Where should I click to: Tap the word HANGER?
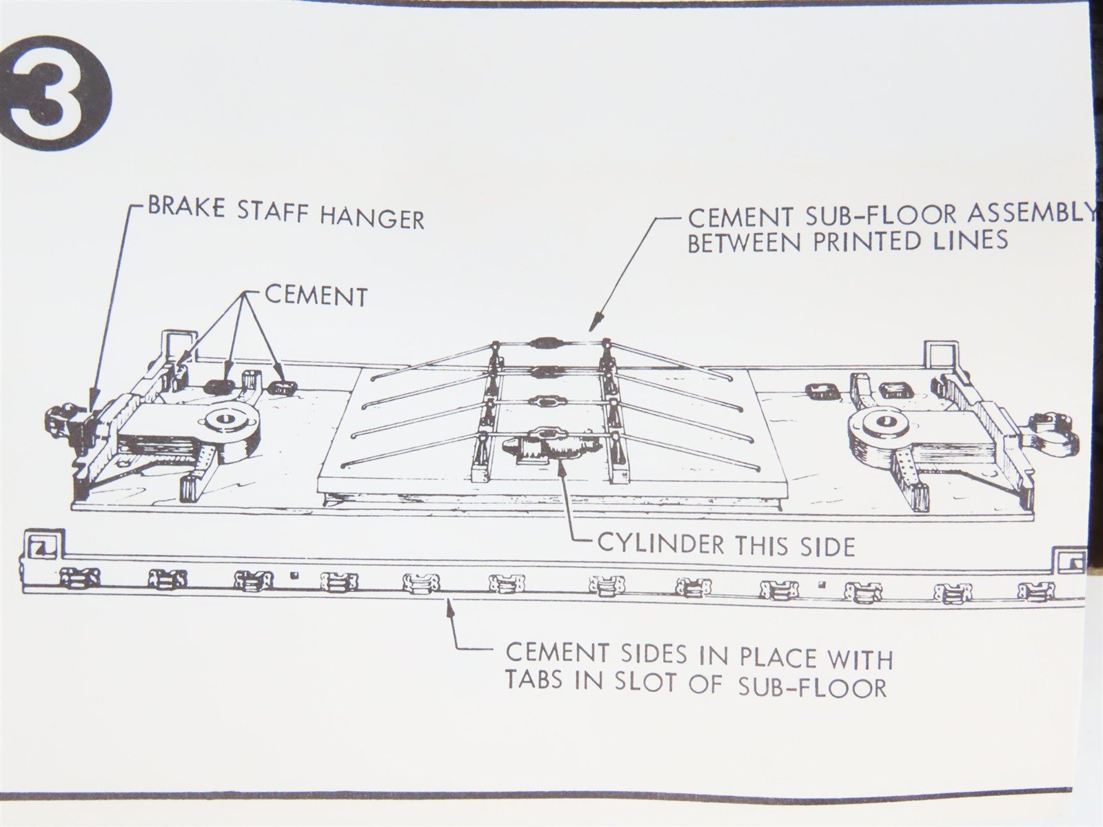click(372, 218)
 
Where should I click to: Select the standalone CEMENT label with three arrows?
click(316, 296)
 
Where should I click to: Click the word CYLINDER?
click(659, 544)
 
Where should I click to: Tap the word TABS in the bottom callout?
click(534, 680)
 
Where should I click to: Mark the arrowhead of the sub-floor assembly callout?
click(596, 321)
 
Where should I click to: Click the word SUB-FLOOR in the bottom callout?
click(812, 687)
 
